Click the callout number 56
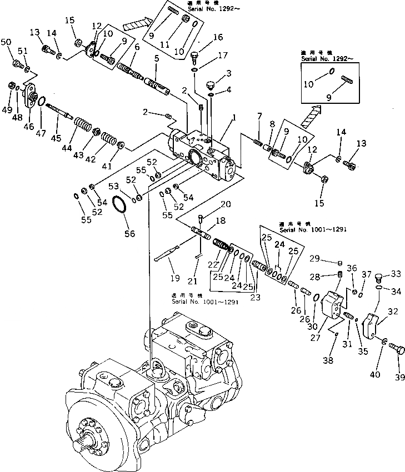(129, 234)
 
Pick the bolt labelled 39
(396, 349)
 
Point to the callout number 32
(392, 313)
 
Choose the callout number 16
(218, 37)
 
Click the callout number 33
(395, 273)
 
